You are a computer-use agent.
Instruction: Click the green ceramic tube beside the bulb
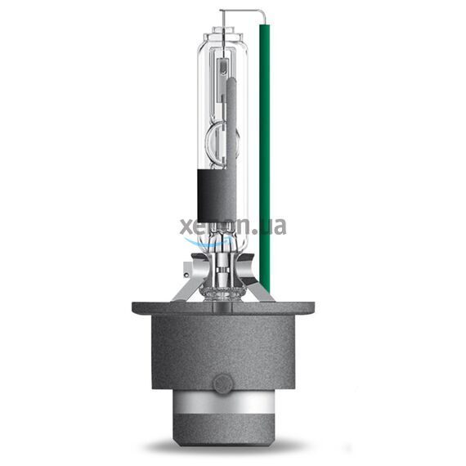click(264, 147)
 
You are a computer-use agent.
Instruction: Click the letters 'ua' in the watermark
click(274, 226)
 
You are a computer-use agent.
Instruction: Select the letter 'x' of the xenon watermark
click(185, 226)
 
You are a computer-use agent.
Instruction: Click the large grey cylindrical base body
click(222, 352)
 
